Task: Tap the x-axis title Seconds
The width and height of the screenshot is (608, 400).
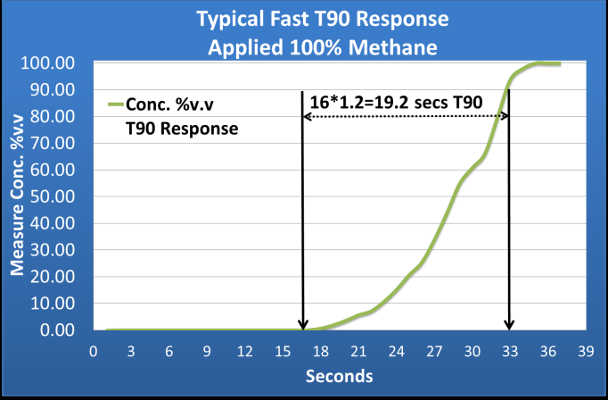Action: point(338,376)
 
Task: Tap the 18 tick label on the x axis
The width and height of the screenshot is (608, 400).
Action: point(321,350)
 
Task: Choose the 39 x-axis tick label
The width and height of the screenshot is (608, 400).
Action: point(585,350)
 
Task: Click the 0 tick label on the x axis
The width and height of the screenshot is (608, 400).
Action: point(94,350)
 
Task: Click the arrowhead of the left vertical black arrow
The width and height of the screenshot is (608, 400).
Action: point(303,324)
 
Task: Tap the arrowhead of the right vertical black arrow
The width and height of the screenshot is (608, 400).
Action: point(509,324)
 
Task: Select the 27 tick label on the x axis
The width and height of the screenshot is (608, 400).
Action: point(434,350)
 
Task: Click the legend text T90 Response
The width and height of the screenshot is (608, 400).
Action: point(182,128)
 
